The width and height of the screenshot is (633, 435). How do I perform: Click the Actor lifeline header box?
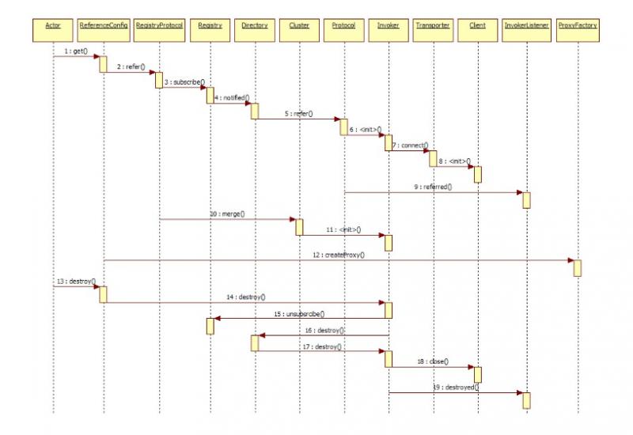[53, 25]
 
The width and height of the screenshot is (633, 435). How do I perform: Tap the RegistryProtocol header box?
[159, 25]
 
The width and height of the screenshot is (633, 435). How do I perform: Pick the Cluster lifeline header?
[299, 25]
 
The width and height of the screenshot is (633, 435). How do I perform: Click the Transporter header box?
[433, 25]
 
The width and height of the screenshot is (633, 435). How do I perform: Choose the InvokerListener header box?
[526, 25]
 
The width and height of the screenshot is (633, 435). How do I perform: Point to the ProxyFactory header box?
[578, 25]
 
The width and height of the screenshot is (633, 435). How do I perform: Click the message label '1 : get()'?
[75, 51]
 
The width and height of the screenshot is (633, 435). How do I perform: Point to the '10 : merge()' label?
[227, 214]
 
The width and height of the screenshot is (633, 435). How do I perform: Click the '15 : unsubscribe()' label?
[299, 314]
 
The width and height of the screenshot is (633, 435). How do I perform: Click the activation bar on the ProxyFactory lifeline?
[578, 267]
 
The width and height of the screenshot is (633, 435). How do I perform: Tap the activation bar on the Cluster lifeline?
[299, 226]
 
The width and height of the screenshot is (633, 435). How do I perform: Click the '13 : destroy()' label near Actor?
[76, 281]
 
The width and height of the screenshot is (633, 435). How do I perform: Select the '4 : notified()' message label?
[232, 97]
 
